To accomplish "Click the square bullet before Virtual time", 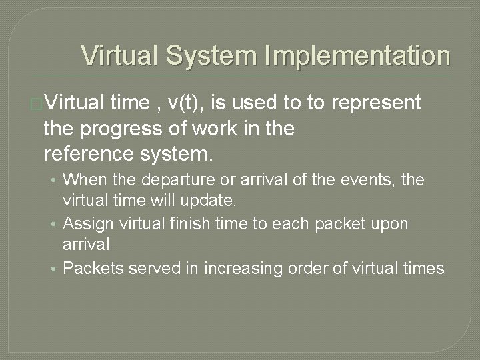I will pos(37,104).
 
